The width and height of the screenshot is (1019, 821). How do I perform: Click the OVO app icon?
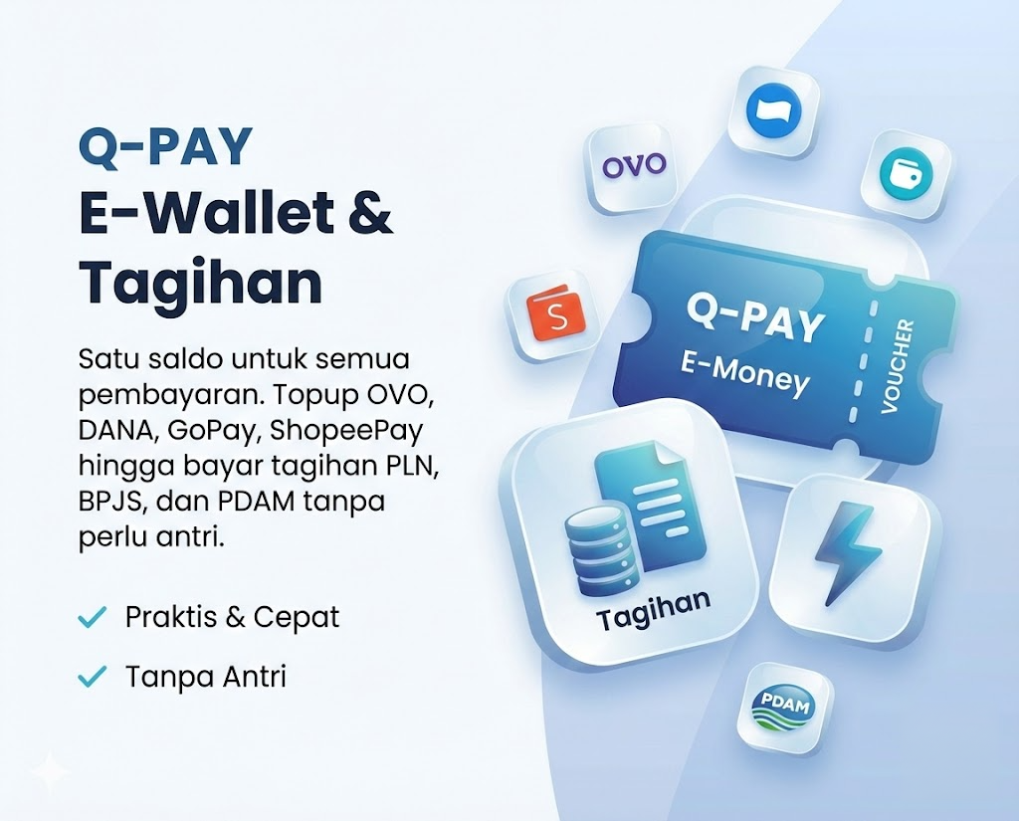coord(634,165)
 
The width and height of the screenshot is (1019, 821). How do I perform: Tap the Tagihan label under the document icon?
coord(653,606)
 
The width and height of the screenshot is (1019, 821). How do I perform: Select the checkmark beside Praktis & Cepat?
coord(92,618)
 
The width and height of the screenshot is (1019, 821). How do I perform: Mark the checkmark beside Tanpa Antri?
coord(92,678)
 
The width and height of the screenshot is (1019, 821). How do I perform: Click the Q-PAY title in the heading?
coord(165,148)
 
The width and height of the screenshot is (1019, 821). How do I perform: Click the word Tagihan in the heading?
coord(200,283)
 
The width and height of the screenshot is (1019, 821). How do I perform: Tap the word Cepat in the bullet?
coord(297,617)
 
